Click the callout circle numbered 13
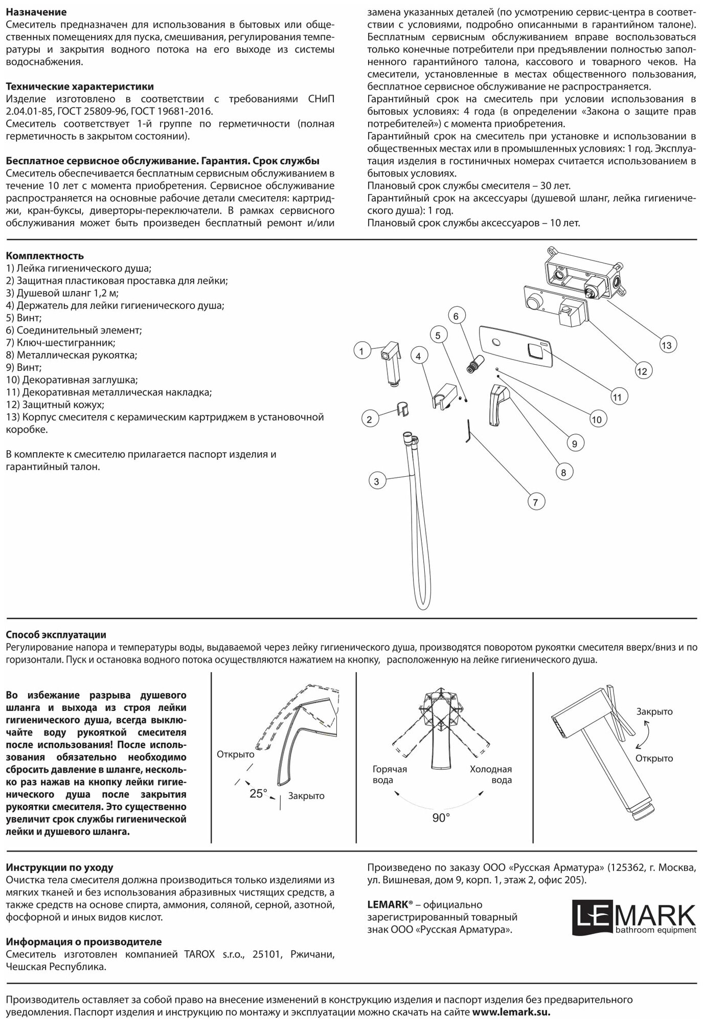666,345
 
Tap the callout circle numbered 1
361,351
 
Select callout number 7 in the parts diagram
535,502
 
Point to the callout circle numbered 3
376,481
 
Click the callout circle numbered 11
617,396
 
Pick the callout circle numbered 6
456,316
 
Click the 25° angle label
258,793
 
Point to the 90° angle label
441,818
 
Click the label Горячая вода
390,774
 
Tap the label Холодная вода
491,774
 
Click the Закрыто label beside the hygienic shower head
654,711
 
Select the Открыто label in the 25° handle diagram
235,754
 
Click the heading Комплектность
44,256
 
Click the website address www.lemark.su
511,1012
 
